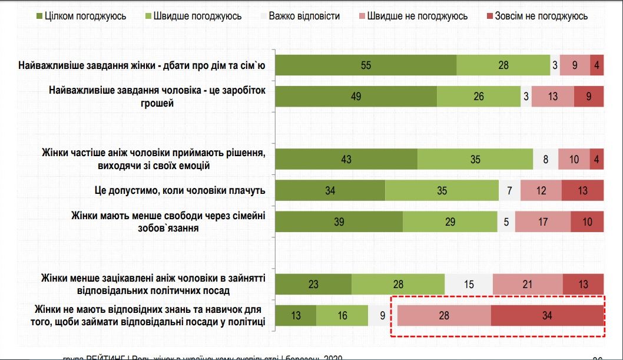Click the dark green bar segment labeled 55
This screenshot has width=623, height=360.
point(366,65)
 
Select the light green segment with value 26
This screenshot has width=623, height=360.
point(479,97)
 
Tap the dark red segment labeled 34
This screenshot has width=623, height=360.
point(547,315)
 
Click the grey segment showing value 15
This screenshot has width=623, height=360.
point(469,284)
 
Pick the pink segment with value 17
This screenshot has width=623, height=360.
point(543,222)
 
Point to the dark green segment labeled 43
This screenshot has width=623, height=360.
point(346,159)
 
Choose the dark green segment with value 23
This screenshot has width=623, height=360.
point(313,284)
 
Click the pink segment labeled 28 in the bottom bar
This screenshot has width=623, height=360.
point(444,315)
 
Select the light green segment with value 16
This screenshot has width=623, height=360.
point(342,315)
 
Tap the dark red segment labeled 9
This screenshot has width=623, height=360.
point(589,97)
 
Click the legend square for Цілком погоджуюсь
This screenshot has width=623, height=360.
point(38,16)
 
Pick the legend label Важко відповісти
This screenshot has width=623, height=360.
point(304,16)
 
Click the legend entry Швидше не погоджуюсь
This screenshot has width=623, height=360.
point(417,16)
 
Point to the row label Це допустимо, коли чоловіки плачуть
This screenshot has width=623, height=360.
point(180,190)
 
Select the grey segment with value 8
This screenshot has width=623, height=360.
point(546,159)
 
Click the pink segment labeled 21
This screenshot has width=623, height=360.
point(528,284)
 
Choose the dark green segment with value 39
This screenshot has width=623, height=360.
point(339,222)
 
